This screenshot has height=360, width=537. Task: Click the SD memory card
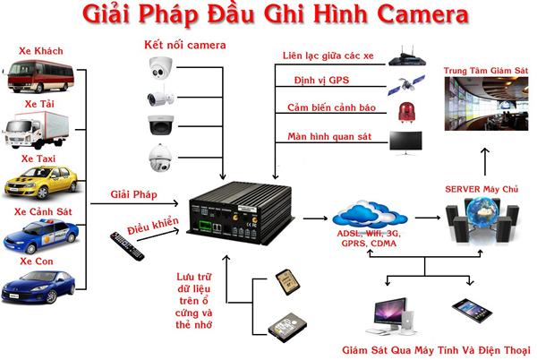point(286,280)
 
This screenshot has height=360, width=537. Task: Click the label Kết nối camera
point(185,43)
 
